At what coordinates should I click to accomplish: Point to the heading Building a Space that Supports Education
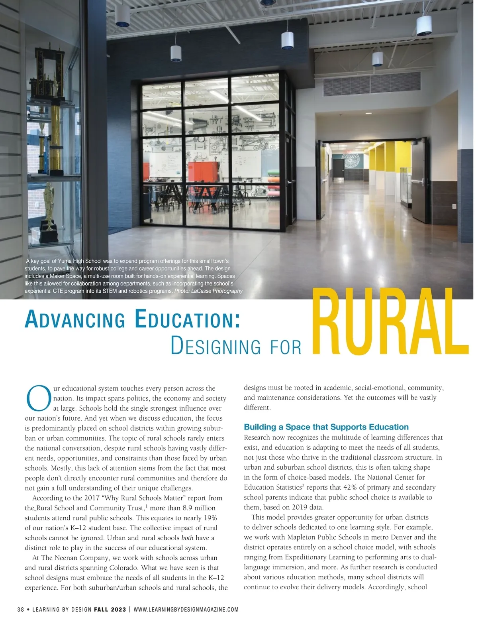pos(326,427)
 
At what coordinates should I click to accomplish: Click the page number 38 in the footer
pos(21,609)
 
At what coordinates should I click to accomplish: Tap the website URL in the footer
pos(186,609)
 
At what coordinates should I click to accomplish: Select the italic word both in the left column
pos(187,538)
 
